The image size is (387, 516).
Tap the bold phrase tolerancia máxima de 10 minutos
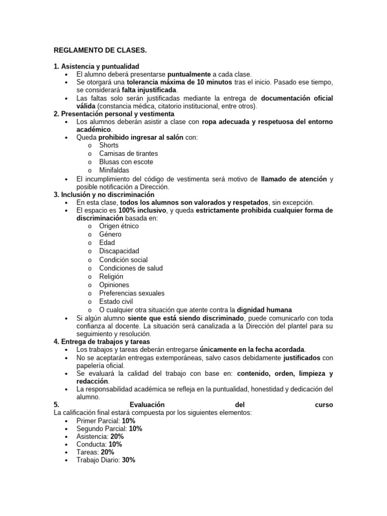tap(179, 82)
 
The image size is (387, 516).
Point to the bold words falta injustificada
tap(149, 89)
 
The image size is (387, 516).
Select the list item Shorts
tap(109, 145)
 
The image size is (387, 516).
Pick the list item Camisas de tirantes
tap(128, 153)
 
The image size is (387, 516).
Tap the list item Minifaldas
tap(114, 170)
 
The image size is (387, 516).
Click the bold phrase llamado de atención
tap(294, 179)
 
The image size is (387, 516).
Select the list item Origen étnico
tap(119, 226)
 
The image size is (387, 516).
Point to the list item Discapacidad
tap(119, 251)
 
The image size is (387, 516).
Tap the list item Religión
tap(111, 277)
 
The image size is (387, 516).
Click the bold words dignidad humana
tap(265, 310)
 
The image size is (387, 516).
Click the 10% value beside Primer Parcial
tap(128, 420)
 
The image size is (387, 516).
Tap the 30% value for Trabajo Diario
tap(128, 460)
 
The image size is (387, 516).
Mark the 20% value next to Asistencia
tap(117, 436)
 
